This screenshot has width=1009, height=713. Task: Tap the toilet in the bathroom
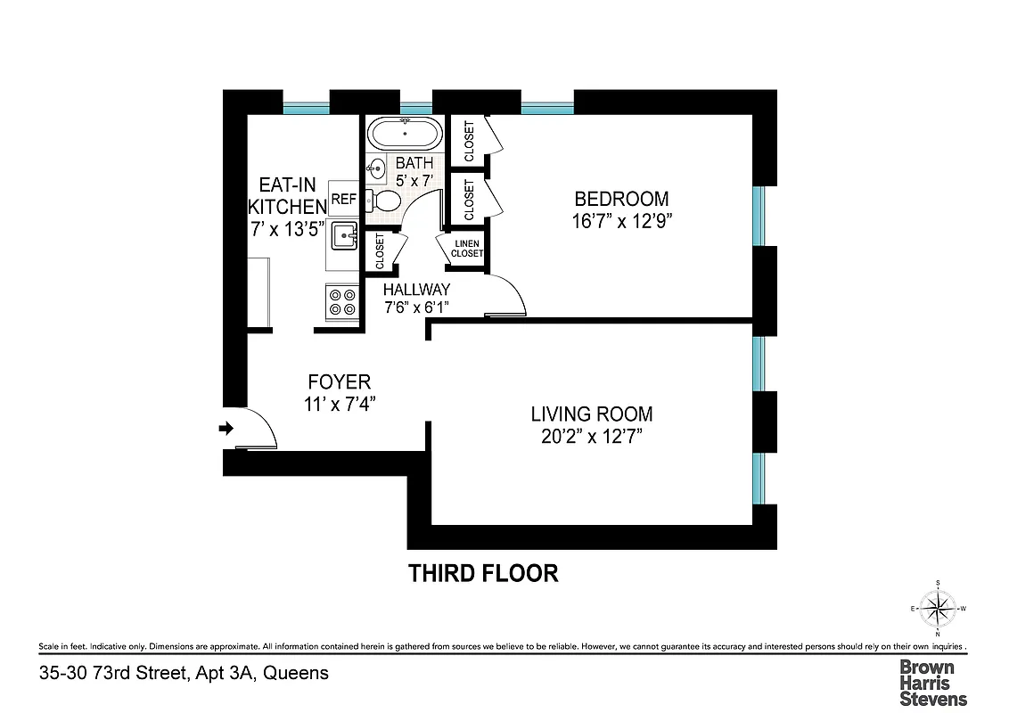coord(384,200)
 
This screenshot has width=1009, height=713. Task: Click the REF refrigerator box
coord(343,198)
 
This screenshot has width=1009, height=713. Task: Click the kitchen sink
coord(344,237)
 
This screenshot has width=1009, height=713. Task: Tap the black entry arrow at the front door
coord(226,429)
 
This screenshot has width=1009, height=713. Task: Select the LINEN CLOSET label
coord(466,249)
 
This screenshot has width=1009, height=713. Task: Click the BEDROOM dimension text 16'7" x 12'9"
coord(621,221)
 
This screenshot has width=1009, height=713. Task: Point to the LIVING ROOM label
coord(592,414)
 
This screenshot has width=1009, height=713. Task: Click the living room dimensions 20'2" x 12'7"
coord(592,437)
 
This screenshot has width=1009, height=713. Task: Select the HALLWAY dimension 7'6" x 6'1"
coord(416,307)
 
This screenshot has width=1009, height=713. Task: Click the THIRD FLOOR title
coord(483,573)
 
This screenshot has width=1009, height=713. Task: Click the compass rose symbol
coord(938,611)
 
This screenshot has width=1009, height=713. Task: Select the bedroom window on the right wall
coord(759,215)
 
